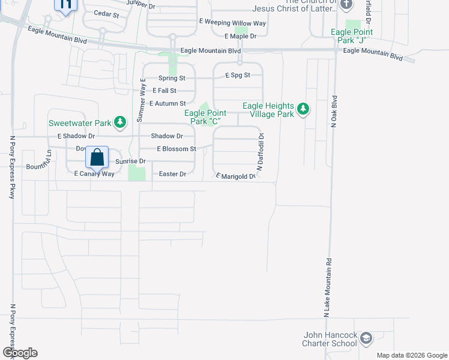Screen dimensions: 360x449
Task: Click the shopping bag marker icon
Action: tap(97, 158)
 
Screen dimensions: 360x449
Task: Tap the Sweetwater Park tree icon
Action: tap(120, 122)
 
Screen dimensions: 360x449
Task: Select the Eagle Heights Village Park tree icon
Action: tap(304, 109)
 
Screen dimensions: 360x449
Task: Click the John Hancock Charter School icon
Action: tap(366, 340)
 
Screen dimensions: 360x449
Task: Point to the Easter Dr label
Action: tap(173, 174)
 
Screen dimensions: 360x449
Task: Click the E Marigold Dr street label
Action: tap(240, 176)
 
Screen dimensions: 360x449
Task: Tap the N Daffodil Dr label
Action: tap(261, 152)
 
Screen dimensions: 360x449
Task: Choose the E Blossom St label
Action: tap(176, 149)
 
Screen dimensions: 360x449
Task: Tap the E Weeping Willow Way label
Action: tap(232, 22)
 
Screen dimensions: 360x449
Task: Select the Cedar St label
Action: tap(107, 13)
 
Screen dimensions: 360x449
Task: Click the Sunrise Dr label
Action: tap(130, 161)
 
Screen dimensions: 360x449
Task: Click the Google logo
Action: tap(20, 353)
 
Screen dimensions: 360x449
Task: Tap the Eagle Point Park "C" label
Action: tap(208, 116)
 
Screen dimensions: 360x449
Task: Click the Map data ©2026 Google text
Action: tap(412, 355)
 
